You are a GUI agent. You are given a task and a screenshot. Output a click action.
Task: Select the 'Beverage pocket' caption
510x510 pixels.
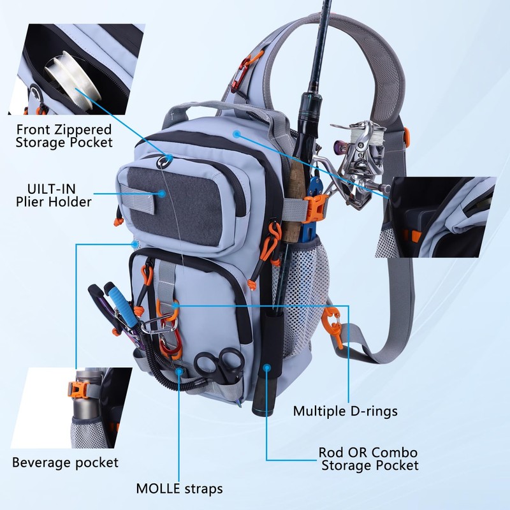[x=65, y=462]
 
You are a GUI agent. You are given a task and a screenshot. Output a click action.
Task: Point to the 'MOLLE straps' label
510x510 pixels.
[x=180, y=489]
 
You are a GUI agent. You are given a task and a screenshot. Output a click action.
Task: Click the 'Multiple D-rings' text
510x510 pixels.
[x=345, y=411]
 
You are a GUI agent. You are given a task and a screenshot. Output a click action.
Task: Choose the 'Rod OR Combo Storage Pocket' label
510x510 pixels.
[x=368, y=458]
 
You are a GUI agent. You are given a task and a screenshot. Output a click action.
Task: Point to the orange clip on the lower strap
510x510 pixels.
[x=333, y=324]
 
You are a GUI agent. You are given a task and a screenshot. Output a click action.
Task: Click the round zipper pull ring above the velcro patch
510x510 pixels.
[x=168, y=161]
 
